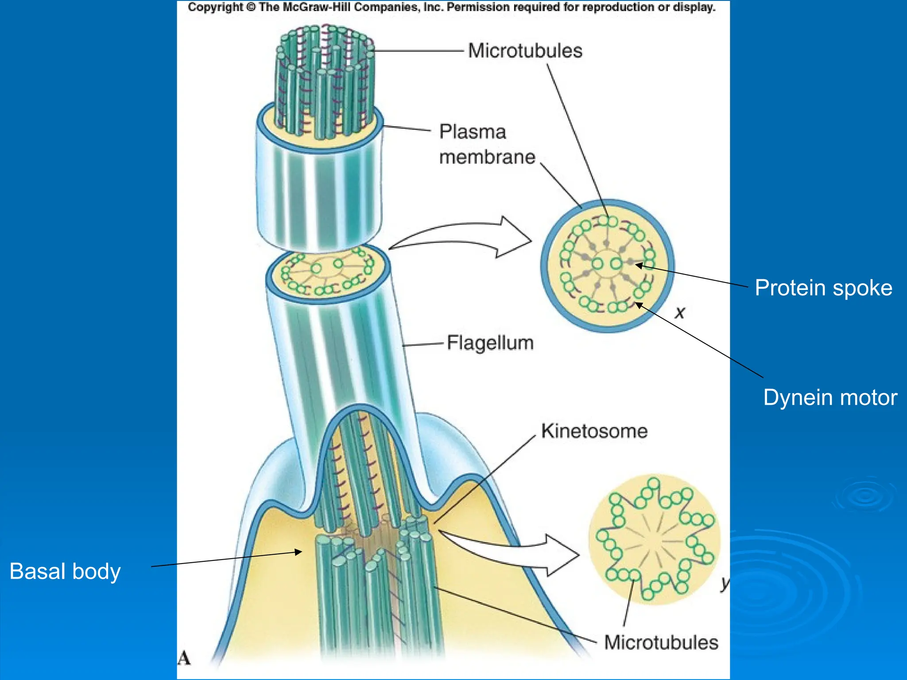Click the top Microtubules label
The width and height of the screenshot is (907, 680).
pyautogui.click(x=525, y=51)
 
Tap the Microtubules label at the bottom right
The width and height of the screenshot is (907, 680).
pyautogui.click(x=661, y=642)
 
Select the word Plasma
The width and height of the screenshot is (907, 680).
pyautogui.click(x=473, y=132)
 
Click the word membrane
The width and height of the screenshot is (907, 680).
pyautogui.click(x=487, y=157)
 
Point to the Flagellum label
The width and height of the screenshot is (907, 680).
pyautogui.click(x=490, y=343)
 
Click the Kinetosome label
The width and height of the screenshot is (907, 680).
pyautogui.click(x=594, y=431)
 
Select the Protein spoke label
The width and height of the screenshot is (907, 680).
pyautogui.click(x=823, y=288)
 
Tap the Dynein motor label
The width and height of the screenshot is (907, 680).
pyautogui.click(x=830, y=398)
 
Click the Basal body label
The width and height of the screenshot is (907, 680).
pyautogui.click(x=65, y=571)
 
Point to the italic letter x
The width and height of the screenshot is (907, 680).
pyautogui.click(x=680, y=313)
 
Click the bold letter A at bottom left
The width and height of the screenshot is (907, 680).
pyautogui.click(x=184, y=658)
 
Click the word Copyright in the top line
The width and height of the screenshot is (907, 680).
pyautogui.click(x=215, y=7)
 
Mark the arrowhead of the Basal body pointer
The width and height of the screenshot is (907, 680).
pyautogui.click(x=299, y=552)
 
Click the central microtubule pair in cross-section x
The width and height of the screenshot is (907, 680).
pyautogui.click(x=607, y=264)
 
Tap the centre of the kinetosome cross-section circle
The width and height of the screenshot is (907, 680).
pyautogui.click(x=655, y=540)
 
